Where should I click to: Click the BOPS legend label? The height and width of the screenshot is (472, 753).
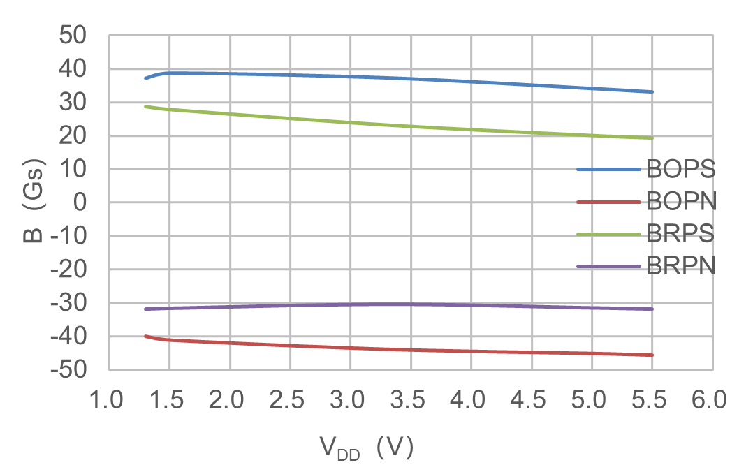(x=680, y=169)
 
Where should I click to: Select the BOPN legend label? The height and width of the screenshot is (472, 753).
(x=680, y=202)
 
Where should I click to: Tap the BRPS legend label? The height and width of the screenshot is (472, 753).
(x=680, y=234)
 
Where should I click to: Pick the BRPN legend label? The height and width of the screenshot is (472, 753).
(x=680, y=266)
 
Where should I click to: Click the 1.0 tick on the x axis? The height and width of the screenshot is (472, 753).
(x=108, y=401)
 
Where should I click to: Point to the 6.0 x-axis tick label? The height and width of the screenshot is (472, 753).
(x=712, y=401)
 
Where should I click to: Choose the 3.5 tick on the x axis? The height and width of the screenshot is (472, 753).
(x=410, y=401)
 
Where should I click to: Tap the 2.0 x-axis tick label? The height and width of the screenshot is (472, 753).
(x=229, y=401)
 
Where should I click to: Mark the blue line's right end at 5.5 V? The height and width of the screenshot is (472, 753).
(x=652, y=91)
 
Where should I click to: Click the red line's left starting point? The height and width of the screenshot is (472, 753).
(x=146, y=336)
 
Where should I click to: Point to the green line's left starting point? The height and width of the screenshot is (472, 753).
(x=146, y=106)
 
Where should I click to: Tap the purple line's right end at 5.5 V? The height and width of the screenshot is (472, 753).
(x=652, y=309)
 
